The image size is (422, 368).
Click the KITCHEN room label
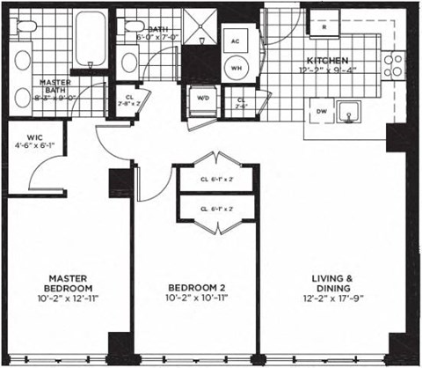pyautogui.click(x=327, y=59)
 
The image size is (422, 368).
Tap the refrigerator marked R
pyautogui.click(x=324, y=27)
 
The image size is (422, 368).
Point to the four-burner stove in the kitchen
pyautogui.click(x=395, y=64)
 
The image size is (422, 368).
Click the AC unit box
pyautogui.click(x=236, y=41)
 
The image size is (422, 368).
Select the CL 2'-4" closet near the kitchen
pyautogui.click(x=242, y=103)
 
